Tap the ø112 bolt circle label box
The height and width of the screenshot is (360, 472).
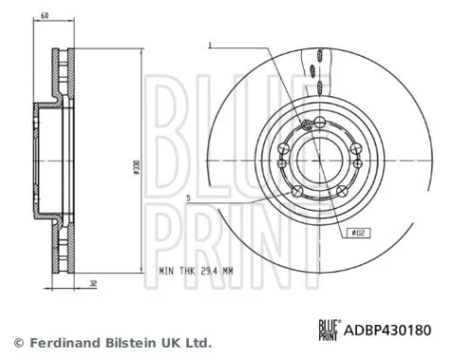(359, 232)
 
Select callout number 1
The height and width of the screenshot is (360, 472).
(211, 43)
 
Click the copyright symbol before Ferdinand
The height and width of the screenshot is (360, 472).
(16, 342)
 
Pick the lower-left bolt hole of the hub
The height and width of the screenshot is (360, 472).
(299, 193)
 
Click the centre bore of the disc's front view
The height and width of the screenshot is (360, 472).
(322, 160)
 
